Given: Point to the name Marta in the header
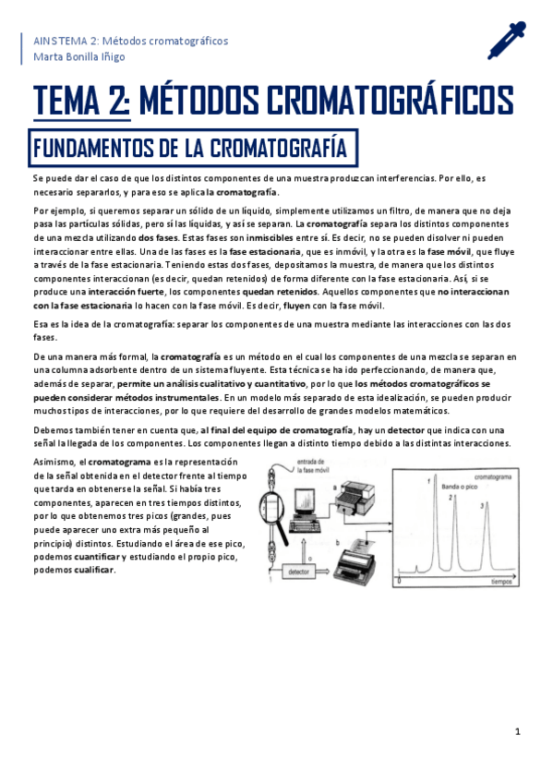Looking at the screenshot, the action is (x=48, y=57).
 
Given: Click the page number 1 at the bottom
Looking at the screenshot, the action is (x=519, y=731).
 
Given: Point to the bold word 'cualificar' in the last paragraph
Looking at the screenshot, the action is (x=94, y=570).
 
